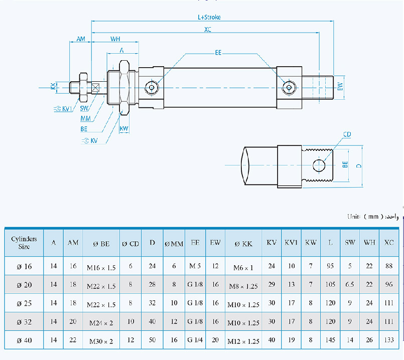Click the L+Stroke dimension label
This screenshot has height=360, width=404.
click(209, 17)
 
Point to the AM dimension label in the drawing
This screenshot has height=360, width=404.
click(80, 39)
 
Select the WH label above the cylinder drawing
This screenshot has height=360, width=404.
click(115, 39)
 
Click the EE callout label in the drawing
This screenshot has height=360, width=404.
click(218, 52)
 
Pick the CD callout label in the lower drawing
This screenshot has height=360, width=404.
click(347, 135)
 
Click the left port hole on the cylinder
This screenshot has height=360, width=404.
click(151, 88)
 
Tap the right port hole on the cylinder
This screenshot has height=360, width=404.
click(288, 88)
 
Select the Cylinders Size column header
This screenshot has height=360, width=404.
click(24, 243)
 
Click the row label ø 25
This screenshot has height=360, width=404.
click(24, 303)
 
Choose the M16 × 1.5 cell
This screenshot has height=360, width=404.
click(101, 267)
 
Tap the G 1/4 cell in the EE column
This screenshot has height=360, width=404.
click(196, 340)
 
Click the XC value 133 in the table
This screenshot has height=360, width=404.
click(389, 340)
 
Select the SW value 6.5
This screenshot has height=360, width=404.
click(350, 285)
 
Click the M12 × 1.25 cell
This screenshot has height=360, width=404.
click(244, 341)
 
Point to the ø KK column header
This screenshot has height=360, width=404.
click(244, 243)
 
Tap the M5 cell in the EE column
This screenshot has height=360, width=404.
click(196, 266)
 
